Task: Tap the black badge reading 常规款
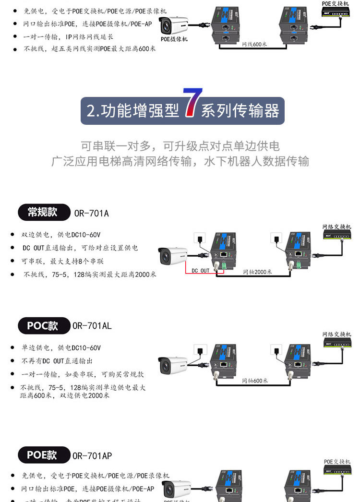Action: tap(42, 212)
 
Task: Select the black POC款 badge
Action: tap(42, 326)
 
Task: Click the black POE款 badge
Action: tap(42, 455)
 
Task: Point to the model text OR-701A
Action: tap(92, 213)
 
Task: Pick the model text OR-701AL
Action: tap(92, 326)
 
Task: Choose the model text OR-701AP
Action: tap(92, 455)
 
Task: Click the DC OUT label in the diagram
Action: tap(201, 271)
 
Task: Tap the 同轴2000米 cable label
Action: tap(257, 272)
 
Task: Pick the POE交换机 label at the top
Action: tap(336, 3)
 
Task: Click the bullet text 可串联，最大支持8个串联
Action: tap(62, 261)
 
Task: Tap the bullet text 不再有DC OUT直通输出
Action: tap(57, 361)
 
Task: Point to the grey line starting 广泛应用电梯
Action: tap(180, 161)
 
